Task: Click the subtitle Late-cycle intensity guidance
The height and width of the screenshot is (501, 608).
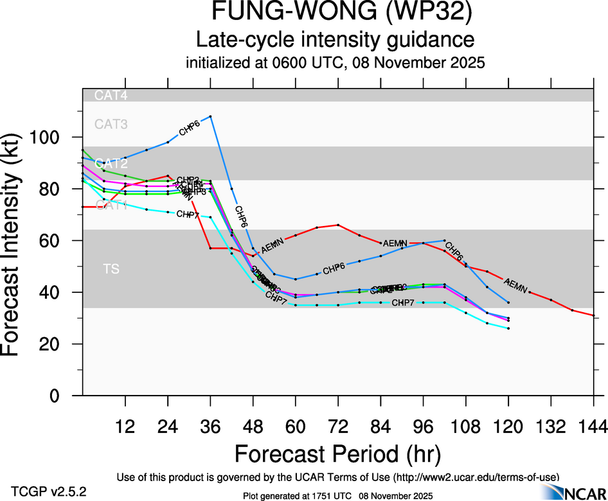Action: (x=335, y=40)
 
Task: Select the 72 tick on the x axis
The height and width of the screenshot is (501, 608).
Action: (x=338, y=396)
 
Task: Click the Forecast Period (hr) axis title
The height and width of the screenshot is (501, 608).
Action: (x=338, y=453)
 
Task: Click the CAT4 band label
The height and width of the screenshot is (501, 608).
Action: (x=111, y=96)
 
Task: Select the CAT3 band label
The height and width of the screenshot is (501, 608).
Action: (x=111, y=124)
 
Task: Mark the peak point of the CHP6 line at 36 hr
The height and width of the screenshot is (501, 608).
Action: (x=211, y=116)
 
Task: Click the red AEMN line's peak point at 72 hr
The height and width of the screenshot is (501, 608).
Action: (x=338, y=225)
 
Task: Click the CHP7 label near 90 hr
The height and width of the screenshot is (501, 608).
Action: (x=403, y=303)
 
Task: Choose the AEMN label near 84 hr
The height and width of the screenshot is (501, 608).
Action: (x=395, y=243)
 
